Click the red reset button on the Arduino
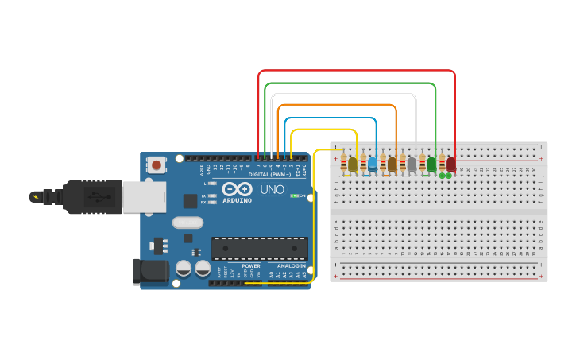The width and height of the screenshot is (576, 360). [157, 165]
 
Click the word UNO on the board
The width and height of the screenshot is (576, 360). [272, 189]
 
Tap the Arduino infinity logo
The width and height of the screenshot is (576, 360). [237, 189]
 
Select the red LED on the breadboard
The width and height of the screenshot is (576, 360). [450, 164]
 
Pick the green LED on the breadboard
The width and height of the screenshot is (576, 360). [431, 164]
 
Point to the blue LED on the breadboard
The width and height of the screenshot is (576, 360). [373, 164]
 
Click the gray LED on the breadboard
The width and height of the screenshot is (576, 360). [412, 164]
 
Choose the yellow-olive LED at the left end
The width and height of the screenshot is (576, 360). [353, 164]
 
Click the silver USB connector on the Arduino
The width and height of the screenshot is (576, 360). [144, 197]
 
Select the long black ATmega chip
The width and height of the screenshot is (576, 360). [259, 248]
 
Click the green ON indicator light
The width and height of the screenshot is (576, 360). [295, 195]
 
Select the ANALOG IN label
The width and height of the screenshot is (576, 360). [291, 265]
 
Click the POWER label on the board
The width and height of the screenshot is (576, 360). [251, 265]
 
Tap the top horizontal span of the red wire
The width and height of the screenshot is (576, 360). [357, 71]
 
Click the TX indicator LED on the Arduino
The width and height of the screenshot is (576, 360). [211, 195]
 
